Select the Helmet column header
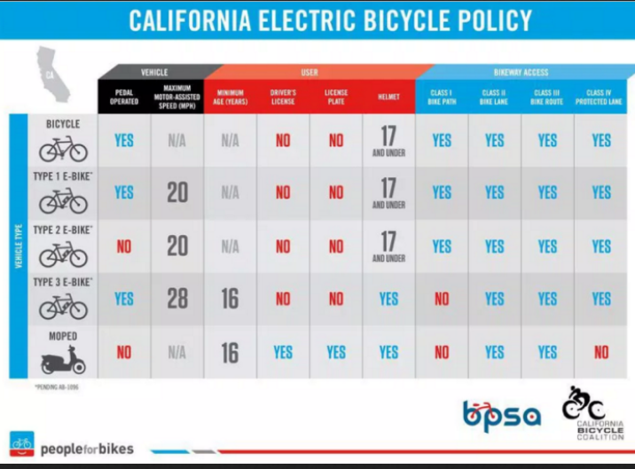click(x=388, y=97)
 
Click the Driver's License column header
click(x=283, y=97)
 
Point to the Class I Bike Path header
click(x=442, y=97)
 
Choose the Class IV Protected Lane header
click(x=601, y=97)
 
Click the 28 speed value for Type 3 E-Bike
click(x=177, y=299)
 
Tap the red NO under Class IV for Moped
click(x=601, y=352)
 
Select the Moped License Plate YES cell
click(x=336, y=352)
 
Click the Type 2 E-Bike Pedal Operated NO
click(x=124, y=246)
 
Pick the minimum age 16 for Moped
click(x=230, y=352)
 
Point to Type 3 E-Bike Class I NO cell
click(x=442, y=299)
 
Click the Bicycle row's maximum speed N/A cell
click(x=177, y=140)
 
